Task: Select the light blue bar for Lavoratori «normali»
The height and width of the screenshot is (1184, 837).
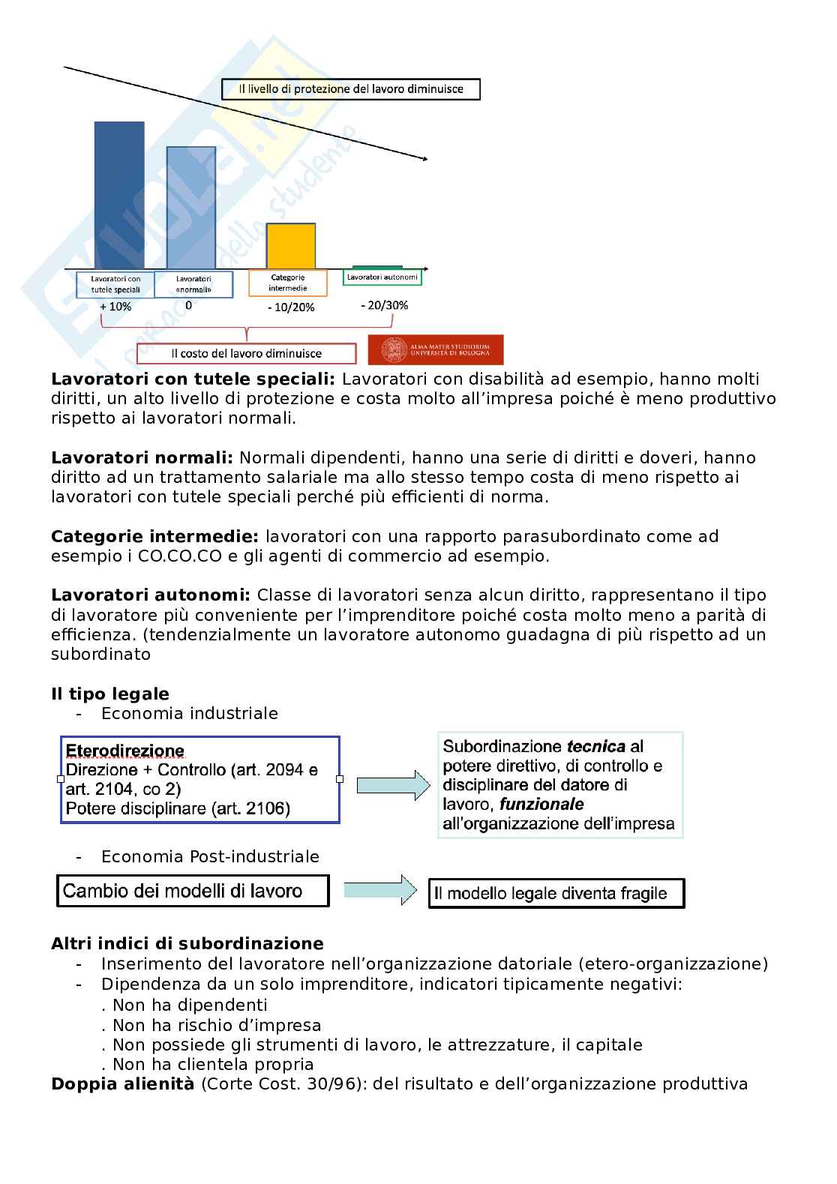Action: (x=190, y=208)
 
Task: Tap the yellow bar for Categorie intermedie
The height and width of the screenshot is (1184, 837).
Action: (x=291, y=246)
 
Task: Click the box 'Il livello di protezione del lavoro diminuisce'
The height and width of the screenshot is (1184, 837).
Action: (x=350, y=89)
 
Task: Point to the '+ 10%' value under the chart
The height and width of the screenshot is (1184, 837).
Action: (x=115, y=307)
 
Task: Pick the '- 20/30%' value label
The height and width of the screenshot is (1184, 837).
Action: (x=384, y=305)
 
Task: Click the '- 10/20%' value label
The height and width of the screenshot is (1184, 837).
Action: (x=290, y=307)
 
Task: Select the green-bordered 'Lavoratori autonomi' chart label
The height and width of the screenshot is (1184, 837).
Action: (x=382, y=277)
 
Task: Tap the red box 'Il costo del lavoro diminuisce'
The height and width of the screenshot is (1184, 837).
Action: (x=246, y=353)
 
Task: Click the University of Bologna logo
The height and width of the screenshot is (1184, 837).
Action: (x=435, y=349)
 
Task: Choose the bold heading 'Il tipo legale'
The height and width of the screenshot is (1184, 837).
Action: (x=110, y=694)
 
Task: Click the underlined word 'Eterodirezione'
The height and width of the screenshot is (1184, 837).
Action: (x=125, y=751)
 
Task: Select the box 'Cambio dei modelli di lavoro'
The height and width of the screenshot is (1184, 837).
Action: (x=193, y=891)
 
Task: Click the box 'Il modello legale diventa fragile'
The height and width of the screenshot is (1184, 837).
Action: (x=556, y=893)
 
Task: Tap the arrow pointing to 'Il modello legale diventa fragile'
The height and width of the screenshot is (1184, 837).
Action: (x=379, y=890)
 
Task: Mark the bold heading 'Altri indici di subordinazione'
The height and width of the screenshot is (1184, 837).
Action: (x=187, y=943)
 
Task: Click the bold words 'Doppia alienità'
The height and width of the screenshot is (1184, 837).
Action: (x=122, y=1084)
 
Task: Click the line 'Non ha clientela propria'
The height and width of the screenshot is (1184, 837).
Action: (x=212, y=1064)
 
